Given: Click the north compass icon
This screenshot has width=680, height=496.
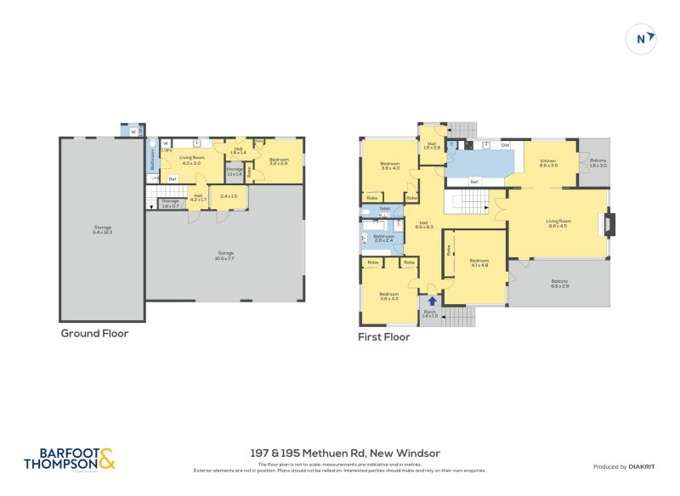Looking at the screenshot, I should pyautogui.click(x=642, y=38).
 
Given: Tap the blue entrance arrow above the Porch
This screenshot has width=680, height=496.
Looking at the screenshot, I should pyautogui.click(x=433, y=300).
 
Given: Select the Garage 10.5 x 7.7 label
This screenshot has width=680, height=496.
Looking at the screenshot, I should pyautogui.click(x=224, y=255).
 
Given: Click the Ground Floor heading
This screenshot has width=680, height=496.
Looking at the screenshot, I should pyautogui.click(x=94, y=334).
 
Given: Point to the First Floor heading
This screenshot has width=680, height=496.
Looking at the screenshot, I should pyautogui.click(x=384, y=337).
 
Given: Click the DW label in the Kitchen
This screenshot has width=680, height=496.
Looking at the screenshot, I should pyautogui.click(x=505, y=145).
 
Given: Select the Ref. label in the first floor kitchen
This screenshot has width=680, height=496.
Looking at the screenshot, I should pyautogui.click(x=474, y=182).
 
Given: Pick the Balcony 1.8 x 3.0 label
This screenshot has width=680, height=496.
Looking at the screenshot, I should pyautogui.click(x=598, y=162).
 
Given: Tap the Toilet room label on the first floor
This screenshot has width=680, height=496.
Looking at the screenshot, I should pyautogui.click(x=384, y=208).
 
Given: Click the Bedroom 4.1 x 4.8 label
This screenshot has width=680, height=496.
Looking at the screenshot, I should pyautogui.click(x=479, y=262).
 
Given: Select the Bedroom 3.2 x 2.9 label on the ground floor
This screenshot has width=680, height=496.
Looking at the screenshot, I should pyautogui.click(x=279, y=161).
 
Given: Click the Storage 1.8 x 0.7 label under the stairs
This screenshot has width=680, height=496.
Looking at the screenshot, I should pyautogui.click(x=170, y=205).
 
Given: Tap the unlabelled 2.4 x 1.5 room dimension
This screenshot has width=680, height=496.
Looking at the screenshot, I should pyautogui.click(x=229, y=197).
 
